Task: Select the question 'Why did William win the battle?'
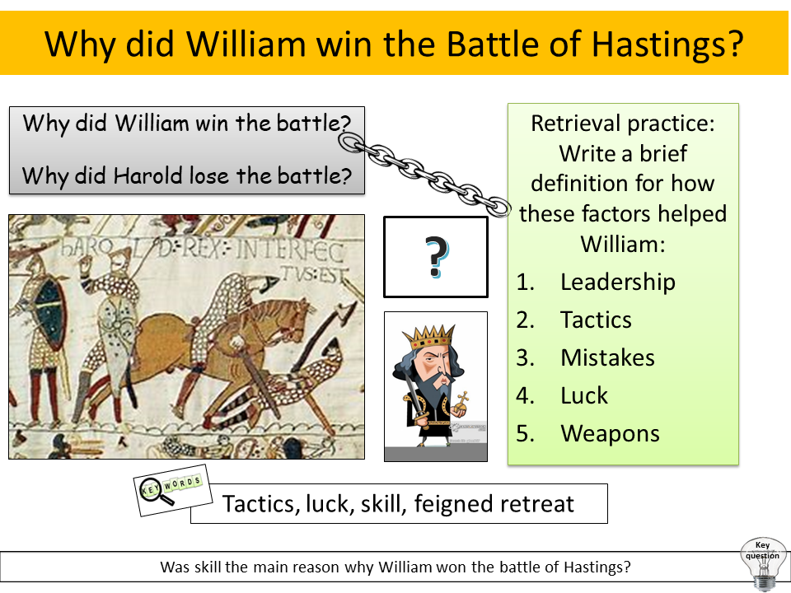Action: pyautogui.click(x=187, y=124)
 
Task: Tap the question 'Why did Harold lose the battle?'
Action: pyautogui.click(x=187, y=175)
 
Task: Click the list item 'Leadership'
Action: pyautogui.click(x=617, y=282)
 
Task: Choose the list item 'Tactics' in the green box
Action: pyautogui.click(x=596, y=320)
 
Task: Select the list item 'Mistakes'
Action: pyautogui.click(x=607, y=357)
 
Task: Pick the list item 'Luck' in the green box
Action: pyautogui.click(x=583, y=395)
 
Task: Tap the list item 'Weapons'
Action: pyautogui.click(x=610, y=433)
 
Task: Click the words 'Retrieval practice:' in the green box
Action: pyautogui.click(x=623, y=124)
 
